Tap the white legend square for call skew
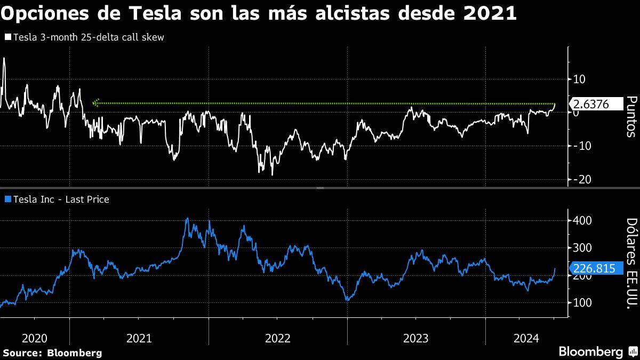7,37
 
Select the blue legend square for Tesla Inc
7,199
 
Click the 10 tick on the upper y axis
579,79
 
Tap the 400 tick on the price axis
581,220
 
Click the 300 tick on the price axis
581,248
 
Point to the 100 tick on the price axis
581,303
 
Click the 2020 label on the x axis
35,338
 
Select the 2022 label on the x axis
277,338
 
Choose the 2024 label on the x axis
526,338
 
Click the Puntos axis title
631,116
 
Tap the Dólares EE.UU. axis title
631,264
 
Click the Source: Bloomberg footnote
52,353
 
